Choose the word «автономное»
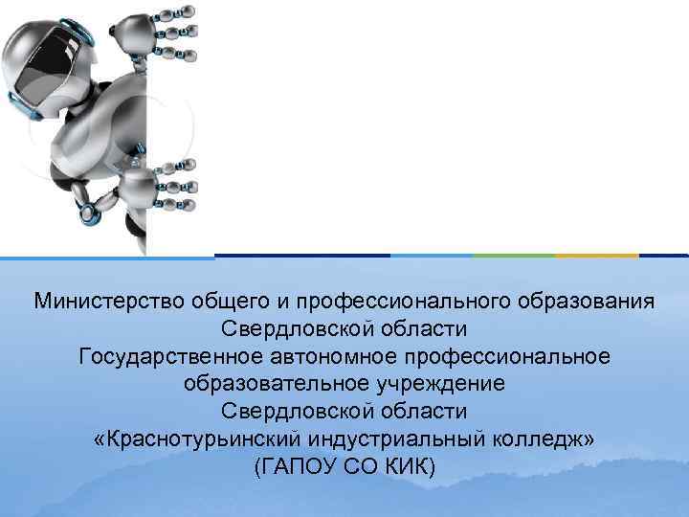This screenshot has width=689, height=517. (x=346, y=357)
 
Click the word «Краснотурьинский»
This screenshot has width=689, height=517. (x=199, y=439)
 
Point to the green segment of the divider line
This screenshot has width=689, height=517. (x=514, y=256)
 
